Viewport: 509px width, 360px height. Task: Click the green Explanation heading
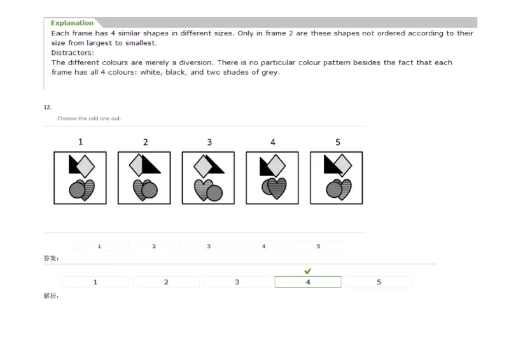(x=72, y=23)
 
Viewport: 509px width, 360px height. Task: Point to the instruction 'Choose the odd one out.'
(x=89, y=118)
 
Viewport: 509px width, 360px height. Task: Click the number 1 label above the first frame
(x=80, y=142)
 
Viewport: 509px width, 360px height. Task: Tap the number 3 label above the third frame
(x=209, y=142)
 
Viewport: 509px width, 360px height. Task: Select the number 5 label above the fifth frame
(x=337, y=142)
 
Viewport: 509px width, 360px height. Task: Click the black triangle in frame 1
(x=74, y=164)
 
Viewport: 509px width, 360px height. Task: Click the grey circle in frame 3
(x=214, y=192)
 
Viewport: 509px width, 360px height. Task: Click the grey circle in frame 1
(x=76, y=190)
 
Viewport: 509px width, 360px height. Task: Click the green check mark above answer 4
(x=308, y=271)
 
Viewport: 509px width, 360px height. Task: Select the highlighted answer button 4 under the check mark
(x=308, y=282)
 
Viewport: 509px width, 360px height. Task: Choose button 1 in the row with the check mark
(x=95, y=282)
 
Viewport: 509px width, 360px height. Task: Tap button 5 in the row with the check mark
(x=379, y=282)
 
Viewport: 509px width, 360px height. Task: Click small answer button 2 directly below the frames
(x=153, y=246)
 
